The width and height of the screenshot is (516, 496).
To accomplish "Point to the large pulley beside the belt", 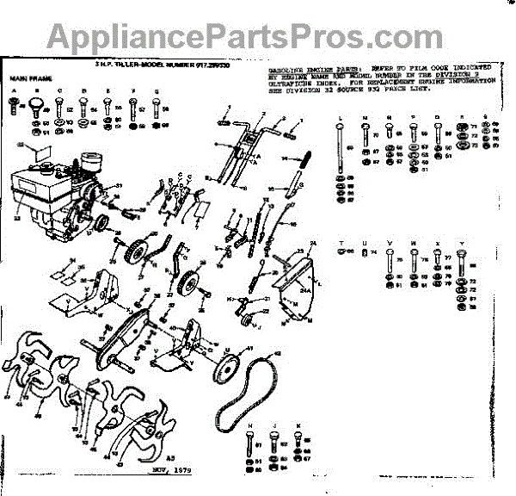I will (x=228, y=365).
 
